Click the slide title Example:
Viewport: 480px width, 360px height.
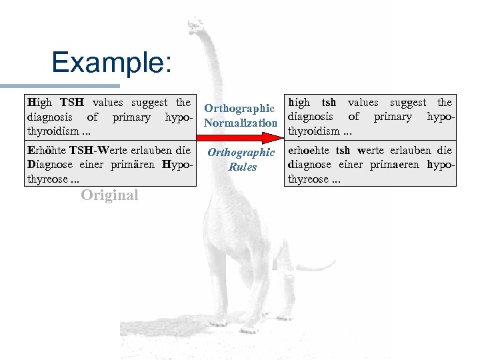(111, 63)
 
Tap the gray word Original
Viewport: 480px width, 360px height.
(109, 195)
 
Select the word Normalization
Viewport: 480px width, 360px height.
(241, 123)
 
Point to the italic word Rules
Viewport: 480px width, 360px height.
(242, 167)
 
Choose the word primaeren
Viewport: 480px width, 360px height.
(397, 165)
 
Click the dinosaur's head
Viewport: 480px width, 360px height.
(195, 27)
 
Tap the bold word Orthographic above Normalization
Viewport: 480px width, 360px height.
(239, 109)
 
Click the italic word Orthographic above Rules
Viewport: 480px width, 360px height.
(241, 153)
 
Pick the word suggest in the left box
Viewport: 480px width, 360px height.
(149, 103)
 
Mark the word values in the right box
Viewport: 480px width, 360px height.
(363, 103)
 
